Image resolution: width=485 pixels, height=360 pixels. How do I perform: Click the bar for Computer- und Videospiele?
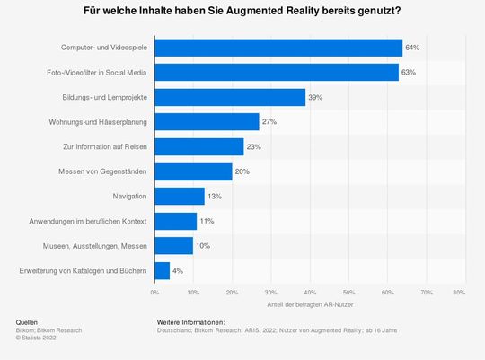coord(278,47)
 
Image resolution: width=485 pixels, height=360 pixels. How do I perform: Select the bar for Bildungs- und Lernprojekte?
coord(230,97)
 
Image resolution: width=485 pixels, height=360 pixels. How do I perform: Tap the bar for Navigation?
coord(180,196)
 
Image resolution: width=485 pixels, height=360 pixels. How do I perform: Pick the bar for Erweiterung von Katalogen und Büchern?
coord(163,270)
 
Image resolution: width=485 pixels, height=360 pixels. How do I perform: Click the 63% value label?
coord(408,72)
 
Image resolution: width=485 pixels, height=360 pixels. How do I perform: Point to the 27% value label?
coord(269,121)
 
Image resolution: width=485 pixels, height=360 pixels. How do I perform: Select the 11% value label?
coord(206,221)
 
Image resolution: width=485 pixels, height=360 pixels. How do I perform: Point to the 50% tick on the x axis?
coord(348,293)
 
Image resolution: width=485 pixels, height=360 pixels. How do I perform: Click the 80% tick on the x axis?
coord(459,293)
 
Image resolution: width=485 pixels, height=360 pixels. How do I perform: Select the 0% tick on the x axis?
coord(154,293)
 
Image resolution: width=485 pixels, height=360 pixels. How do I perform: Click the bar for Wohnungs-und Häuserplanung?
coord(207,121)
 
